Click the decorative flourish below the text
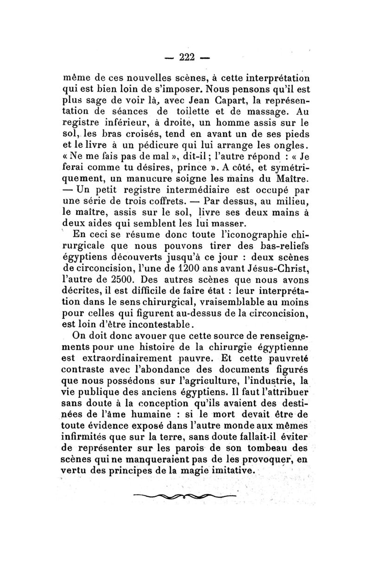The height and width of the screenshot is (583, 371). click(x=184, y=497)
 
